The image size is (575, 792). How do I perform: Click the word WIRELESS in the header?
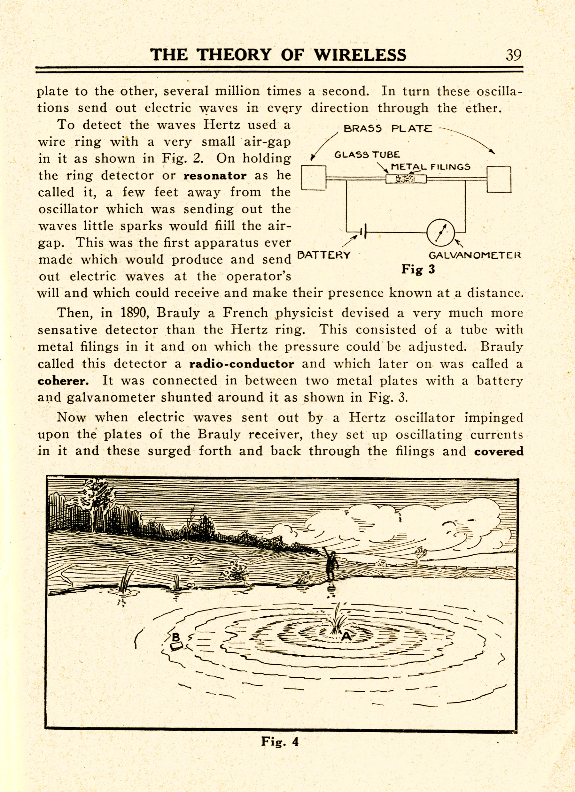(x=360, y=55)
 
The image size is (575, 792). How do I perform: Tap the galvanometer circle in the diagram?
(x=440, y=232)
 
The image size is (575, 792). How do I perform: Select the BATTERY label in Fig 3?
(x=323, y=255)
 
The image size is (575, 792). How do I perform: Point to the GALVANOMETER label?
(x=474, y=255)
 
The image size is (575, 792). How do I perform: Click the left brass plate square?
(x=314, y=178)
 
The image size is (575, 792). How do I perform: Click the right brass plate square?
(x=499, y=179)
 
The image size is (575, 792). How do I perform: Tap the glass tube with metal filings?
(x=406, y=179)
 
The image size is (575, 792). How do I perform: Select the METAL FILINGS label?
(x=430, y=167)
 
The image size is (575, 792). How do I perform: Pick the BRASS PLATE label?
(x=388, y=129)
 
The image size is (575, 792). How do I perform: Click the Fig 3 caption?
(x=418, y=269)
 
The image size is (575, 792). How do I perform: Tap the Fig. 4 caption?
(x=280, y=741)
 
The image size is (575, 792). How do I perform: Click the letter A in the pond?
(x=346, y=636)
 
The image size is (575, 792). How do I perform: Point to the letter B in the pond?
(x=176, y=637)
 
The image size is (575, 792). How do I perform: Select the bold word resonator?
(x=215, y=175)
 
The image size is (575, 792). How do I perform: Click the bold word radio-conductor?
(x=242, y=364)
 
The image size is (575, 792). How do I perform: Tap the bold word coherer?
(x=63, y=381)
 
